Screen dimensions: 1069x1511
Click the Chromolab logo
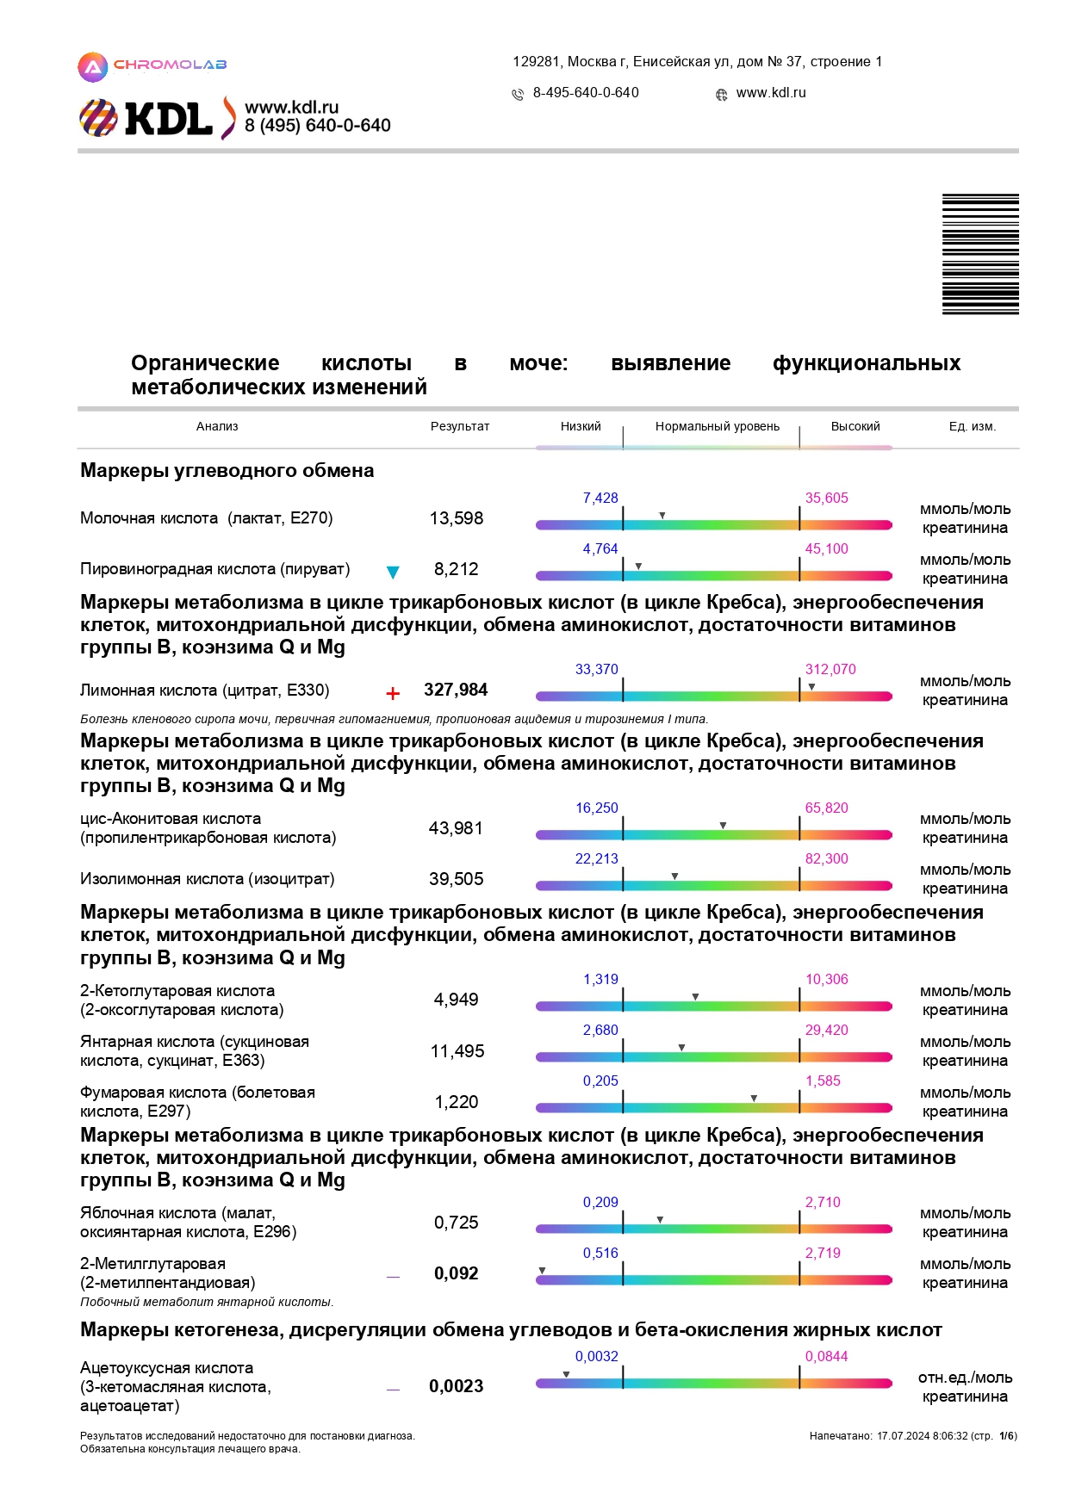click(152, 66)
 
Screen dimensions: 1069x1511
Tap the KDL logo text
click(169, 119)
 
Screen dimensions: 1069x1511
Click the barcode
click(980, 254)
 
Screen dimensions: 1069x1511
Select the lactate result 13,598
click(457, 518)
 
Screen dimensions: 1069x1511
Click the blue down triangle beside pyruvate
click(393, 572)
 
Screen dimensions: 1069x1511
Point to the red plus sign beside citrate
click(393, 693)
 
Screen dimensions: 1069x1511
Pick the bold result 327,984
click(456, 690)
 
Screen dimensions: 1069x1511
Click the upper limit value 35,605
click(826, 498)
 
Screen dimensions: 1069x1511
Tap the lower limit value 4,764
click(600, 548)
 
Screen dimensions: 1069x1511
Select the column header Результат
click(460, 426)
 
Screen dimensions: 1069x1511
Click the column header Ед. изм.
click(972, 426)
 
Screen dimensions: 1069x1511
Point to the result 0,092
click(457, 1273)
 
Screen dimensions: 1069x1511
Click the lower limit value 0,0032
click(597, 1356)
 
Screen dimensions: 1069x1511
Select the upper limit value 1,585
click(823, 1081)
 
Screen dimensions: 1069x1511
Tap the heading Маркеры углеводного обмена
click(227, 470)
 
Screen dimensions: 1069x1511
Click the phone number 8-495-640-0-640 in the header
click(586, 92)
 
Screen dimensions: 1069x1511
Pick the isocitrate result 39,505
click(457, 879)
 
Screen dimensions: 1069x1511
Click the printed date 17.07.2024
click(904, 1436)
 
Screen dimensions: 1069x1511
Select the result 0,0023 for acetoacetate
click(457, 1386)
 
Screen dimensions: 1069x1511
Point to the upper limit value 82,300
click(826, 858)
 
